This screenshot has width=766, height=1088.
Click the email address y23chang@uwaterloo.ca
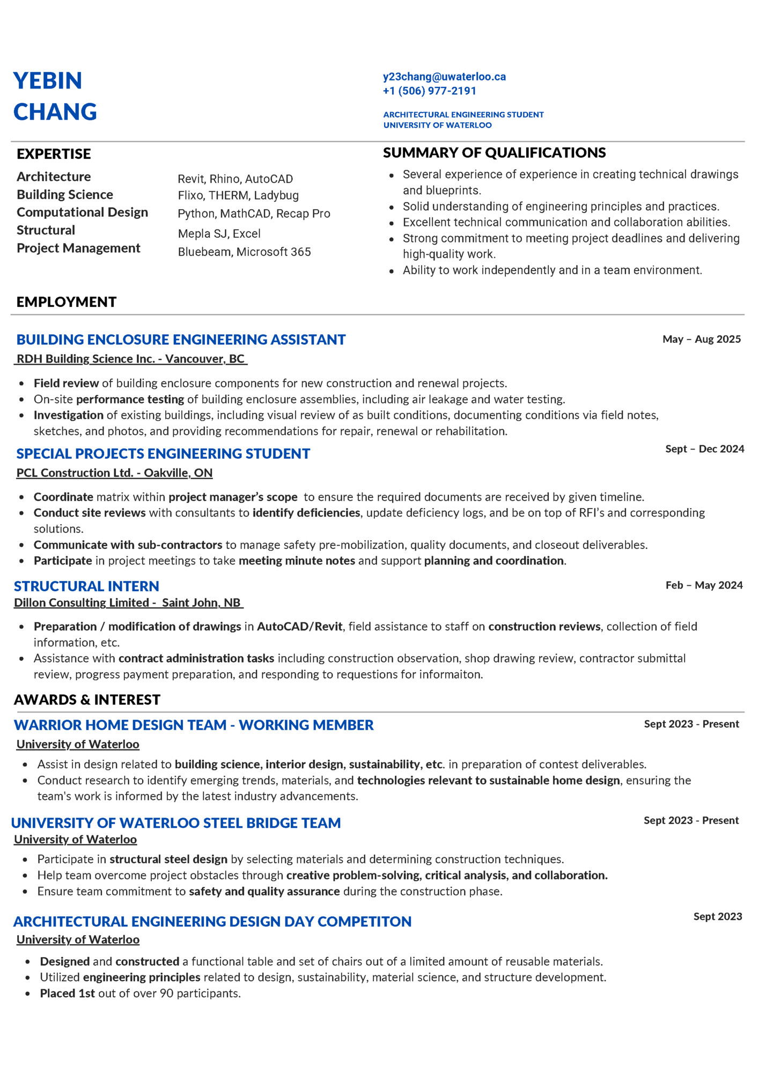click(444, 77)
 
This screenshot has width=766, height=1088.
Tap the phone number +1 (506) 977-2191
click(429, 91)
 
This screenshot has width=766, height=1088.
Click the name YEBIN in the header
click(48, 81)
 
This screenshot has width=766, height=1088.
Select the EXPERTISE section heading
click(54, 154)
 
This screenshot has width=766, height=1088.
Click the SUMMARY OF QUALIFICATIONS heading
click(494, 153)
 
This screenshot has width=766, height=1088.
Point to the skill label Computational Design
click(82, 212)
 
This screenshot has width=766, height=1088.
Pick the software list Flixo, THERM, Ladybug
click(238, 195)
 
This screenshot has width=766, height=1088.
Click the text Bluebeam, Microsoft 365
click(244, 252)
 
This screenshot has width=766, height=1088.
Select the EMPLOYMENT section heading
click(67, 302)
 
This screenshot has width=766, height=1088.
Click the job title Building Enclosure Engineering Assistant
click(181, 340)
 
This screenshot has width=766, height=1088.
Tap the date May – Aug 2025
click(701, 339)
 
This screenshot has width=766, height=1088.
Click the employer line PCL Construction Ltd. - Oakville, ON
click(114, 473)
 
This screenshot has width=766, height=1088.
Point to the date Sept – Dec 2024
click(704, 449)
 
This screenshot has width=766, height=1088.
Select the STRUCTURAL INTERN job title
click(86, 586)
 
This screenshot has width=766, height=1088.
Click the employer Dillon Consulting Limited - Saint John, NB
click(128, 603)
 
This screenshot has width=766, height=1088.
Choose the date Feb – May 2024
click(704, 585)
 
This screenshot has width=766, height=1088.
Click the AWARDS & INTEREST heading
click(87, 700)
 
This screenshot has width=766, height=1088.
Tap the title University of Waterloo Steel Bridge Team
click(176, 823)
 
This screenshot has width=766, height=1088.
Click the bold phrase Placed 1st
click(68, 994)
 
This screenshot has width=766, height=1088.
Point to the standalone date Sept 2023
click(717, 916)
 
